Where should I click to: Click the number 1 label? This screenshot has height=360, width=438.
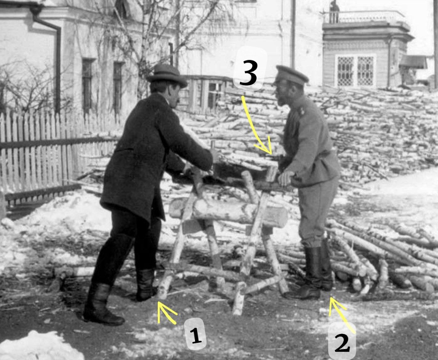point(195,334)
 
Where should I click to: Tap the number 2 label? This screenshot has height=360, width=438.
point(342,342)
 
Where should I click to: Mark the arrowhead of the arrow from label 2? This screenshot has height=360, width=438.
point(335,305)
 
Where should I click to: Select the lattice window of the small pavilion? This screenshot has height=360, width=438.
point(355,71)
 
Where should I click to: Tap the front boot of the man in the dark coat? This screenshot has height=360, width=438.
point(145,285)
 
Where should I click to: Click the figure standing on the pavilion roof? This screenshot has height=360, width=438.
point(334,11)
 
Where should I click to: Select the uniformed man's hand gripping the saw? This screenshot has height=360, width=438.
point(286,178)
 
